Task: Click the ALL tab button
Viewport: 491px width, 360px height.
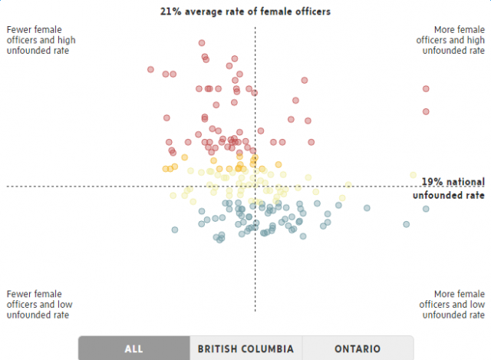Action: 133,348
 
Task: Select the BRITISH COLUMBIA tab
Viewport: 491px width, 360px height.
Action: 245,348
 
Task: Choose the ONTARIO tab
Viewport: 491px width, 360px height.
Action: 358,348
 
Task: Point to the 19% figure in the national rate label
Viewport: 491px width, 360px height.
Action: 431,182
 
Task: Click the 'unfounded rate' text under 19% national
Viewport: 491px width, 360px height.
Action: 449,196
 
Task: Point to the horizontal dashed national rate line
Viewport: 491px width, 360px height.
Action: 77,186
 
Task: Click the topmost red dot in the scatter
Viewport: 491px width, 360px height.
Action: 202,43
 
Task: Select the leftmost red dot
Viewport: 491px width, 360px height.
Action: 151,70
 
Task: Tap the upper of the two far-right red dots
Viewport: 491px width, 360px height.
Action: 426,89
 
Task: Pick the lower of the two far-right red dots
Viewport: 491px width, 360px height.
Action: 426,112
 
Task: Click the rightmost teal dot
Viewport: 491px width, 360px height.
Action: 426,209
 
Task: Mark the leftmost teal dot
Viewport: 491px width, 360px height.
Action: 175,230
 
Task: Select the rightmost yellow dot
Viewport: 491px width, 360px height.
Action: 413,175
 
